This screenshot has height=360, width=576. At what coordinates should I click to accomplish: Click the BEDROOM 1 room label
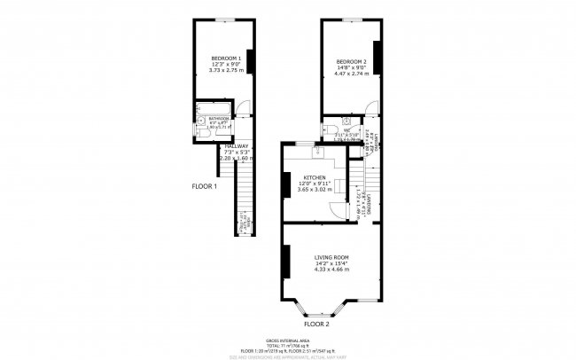click(x=226, y=59)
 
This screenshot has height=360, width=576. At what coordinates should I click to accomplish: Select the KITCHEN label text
click(x=315, y=177)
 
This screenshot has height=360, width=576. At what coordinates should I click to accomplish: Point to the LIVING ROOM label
click(x=331, y=257)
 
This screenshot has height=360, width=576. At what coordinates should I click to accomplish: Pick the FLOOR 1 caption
click(x=205, y=186)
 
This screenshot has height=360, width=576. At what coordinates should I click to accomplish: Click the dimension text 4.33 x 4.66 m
click(x=331, y=269)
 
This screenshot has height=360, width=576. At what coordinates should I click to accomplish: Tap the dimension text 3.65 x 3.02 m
click(x=315, y=189)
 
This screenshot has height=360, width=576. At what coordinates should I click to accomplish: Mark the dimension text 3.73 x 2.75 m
click(x=226, y=70)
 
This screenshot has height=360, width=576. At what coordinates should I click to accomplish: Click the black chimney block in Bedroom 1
click(x=251, y=62)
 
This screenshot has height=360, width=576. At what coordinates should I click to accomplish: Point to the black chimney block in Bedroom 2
click(x=377, y=58)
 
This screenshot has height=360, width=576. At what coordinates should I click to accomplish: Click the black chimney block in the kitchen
click(x=284, y=184)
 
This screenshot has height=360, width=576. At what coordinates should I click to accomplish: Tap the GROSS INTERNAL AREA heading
click(x=287, y=340)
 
